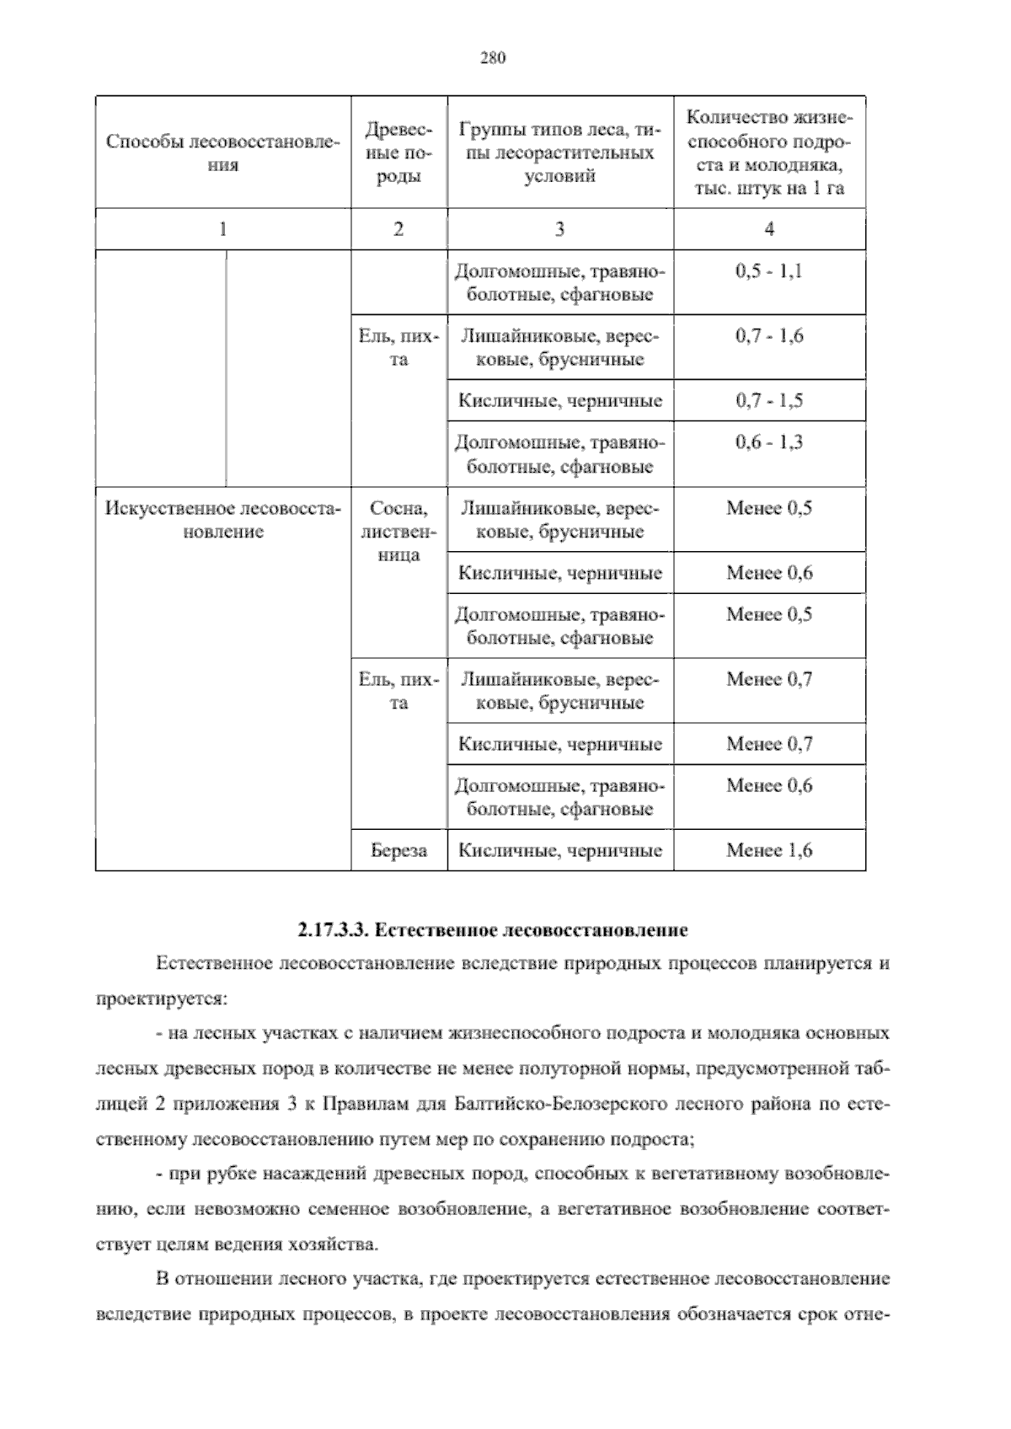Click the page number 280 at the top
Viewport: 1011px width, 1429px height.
[x=492, y=58]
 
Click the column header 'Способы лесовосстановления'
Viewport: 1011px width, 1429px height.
[x=222, y=153]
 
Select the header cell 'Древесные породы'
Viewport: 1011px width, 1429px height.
[x=399, y=153]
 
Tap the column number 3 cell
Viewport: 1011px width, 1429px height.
[x=559, y=229]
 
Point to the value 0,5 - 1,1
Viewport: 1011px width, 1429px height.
[x=768, y=272]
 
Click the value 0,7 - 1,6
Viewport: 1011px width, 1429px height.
[x=768, y=336]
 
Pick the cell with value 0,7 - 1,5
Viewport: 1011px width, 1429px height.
[x=768, y=401]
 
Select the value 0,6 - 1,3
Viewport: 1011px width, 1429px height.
[x=768, y=442]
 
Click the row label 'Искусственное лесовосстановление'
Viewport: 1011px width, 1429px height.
[x=222, y=520]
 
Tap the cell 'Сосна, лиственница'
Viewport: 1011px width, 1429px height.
[x=399, y=532]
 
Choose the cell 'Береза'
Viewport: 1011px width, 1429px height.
[x=399, y=851]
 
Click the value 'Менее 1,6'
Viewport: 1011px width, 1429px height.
[x=768, y=851]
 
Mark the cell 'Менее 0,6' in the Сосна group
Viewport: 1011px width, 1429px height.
[x=768, y=574]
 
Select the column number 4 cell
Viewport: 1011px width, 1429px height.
[x=768, y=229]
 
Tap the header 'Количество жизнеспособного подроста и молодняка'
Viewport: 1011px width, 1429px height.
[x=768, y=153]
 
